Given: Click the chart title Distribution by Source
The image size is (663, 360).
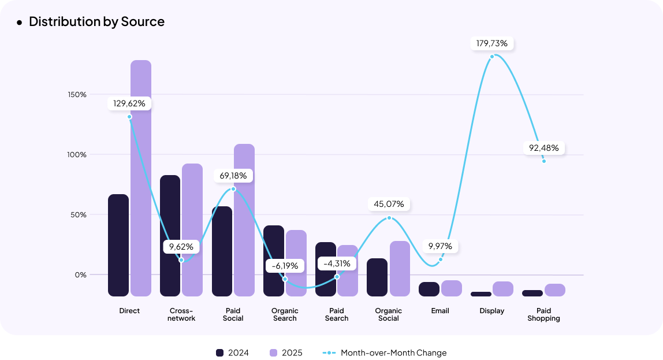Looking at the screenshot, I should pos(96,22).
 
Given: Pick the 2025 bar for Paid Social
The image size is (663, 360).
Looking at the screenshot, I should pos(244,220).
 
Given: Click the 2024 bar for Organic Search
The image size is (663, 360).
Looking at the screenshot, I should pos(274,261).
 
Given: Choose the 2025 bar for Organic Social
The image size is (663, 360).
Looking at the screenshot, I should pos(400,269).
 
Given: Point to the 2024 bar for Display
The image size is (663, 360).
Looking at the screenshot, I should pos(481,294).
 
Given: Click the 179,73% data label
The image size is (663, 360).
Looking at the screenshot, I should pos(492,43).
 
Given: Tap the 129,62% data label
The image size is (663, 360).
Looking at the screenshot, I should pos(129,103).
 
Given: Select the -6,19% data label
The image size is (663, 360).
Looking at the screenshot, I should pos(285,266).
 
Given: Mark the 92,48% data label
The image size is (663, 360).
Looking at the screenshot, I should pos(544,148).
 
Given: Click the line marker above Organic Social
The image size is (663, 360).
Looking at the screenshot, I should pos(389,218).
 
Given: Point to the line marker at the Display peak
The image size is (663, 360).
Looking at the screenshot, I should pos(492,57).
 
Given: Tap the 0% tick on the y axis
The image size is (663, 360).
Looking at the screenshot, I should pos(80,275).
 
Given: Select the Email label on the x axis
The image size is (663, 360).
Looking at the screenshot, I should pos(440,311).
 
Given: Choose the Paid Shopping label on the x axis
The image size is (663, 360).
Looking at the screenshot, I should pos(543,314).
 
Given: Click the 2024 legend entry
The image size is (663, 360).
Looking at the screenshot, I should pos(232,352).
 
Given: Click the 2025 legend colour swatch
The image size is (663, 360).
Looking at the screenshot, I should pos(274,352).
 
